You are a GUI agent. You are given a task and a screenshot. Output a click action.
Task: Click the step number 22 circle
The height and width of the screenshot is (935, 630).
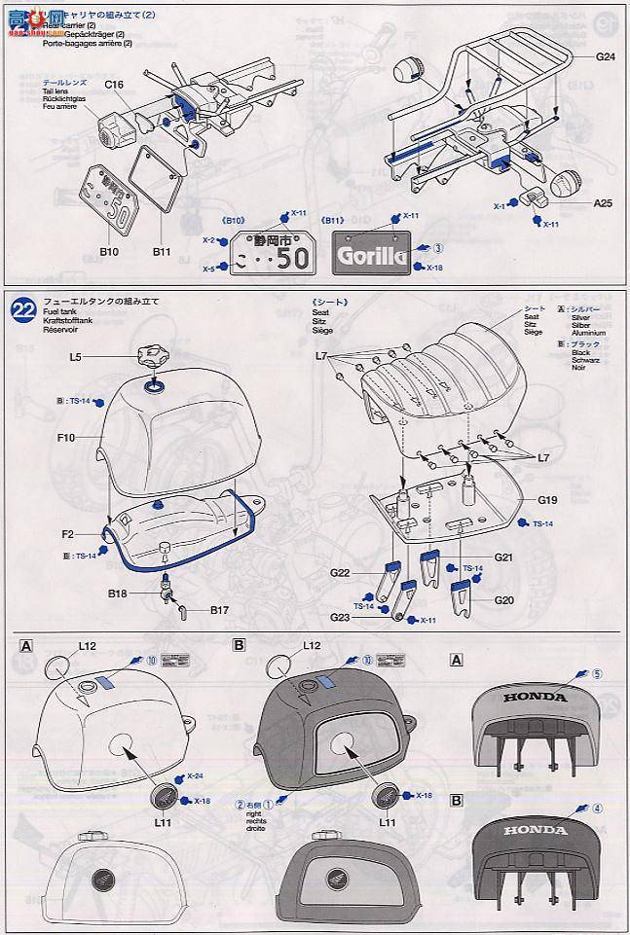[x=23, y=310]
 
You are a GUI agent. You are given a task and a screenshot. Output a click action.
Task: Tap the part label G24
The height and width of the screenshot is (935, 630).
[x=607, y=56]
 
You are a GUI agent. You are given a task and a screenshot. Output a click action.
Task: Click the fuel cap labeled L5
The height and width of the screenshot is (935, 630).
[x=153, y=357]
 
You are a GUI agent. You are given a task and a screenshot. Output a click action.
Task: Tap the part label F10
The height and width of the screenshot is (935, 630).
[x=65, y=438]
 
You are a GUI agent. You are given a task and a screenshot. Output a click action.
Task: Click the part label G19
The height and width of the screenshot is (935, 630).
[x=547, y=501]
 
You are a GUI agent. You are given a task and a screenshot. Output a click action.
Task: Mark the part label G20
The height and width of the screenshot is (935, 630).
[x=503, y=600]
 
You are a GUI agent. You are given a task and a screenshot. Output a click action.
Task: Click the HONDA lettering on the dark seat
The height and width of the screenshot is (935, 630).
[x=535, y=830]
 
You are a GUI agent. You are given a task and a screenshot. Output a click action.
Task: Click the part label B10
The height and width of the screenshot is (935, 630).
[x=110, y=252]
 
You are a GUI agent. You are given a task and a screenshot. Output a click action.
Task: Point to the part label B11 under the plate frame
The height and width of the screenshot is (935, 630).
[x=162, y=252]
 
